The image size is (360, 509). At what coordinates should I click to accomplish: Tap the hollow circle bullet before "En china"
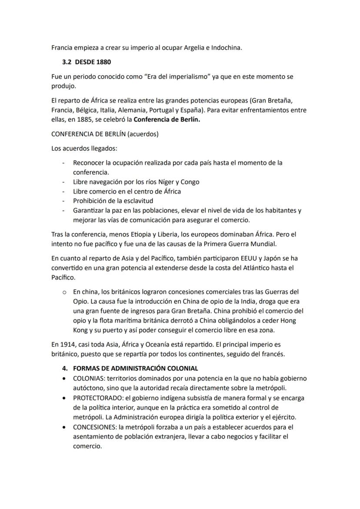pos(64,292)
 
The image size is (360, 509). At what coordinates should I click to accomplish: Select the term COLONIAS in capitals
pos(88,378)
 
